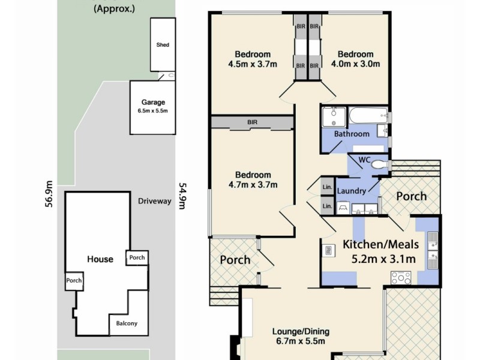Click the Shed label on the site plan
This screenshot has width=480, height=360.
tap(163, 45)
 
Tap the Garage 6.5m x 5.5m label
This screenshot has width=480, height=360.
tap(153, 106)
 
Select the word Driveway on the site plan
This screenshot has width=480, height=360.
tap(154, 201)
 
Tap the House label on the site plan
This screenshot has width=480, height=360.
tap(100, 259)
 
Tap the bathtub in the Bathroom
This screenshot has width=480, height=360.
tap(367, 115)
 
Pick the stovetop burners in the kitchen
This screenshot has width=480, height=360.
tap(401, 277)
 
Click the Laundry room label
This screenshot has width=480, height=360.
tap(352, 191)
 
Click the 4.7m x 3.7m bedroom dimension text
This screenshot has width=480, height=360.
tap(253, 185)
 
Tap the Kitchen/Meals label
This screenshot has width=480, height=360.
tap(379, 245)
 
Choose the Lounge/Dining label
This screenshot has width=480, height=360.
tap(301, 331)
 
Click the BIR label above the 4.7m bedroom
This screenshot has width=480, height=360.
tap(253, 122)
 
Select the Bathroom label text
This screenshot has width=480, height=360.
tap(352, 134)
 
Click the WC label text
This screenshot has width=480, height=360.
tap(364, 160)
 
